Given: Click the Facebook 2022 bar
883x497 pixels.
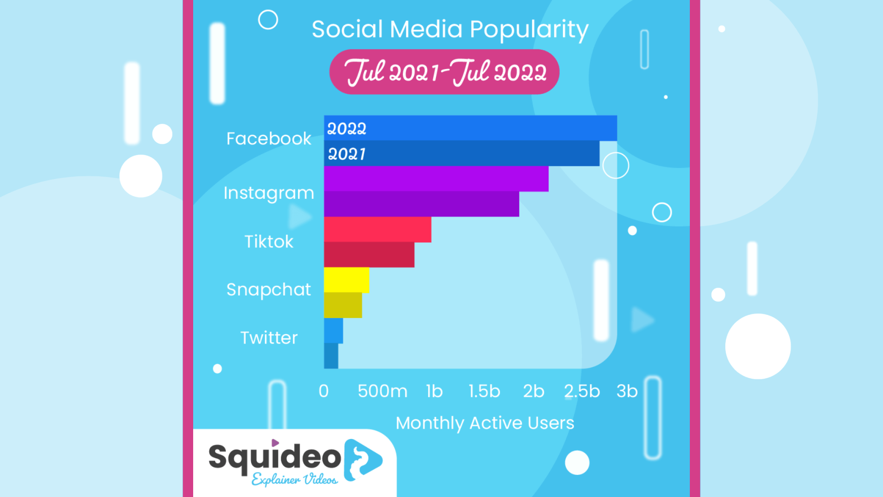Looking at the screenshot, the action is tap(470, 128).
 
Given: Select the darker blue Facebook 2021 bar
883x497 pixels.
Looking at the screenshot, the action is tap(462, 153).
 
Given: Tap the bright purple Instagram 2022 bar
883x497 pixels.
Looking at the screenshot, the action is tap(436, 179).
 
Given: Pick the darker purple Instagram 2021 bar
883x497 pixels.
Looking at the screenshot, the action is tap(422, 204).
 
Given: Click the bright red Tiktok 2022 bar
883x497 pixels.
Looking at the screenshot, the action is tap(378, 229).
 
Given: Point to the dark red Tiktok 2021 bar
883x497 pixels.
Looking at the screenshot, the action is tap(369, 254).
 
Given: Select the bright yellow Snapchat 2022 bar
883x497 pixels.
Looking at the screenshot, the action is tap(347, 280).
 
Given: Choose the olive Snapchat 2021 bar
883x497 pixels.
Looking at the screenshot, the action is tap(343, 305).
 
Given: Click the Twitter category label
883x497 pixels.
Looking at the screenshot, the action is tap(269, 338).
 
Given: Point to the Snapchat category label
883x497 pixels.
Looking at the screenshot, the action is tap(269, 290).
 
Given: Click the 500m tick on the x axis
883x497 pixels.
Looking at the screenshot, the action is tap(383, 391).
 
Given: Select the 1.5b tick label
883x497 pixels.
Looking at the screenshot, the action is tap(484, 391).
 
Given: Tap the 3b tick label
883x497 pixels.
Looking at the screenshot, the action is tap(627, 391).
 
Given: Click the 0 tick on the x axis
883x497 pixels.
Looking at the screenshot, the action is tap(324, 391).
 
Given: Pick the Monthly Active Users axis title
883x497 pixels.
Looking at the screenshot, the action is tap(485, 423).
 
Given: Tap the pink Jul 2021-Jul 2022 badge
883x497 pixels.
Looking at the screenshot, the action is tap(444, 72).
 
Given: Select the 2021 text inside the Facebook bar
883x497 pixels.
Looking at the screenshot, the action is tap(347, 154).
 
